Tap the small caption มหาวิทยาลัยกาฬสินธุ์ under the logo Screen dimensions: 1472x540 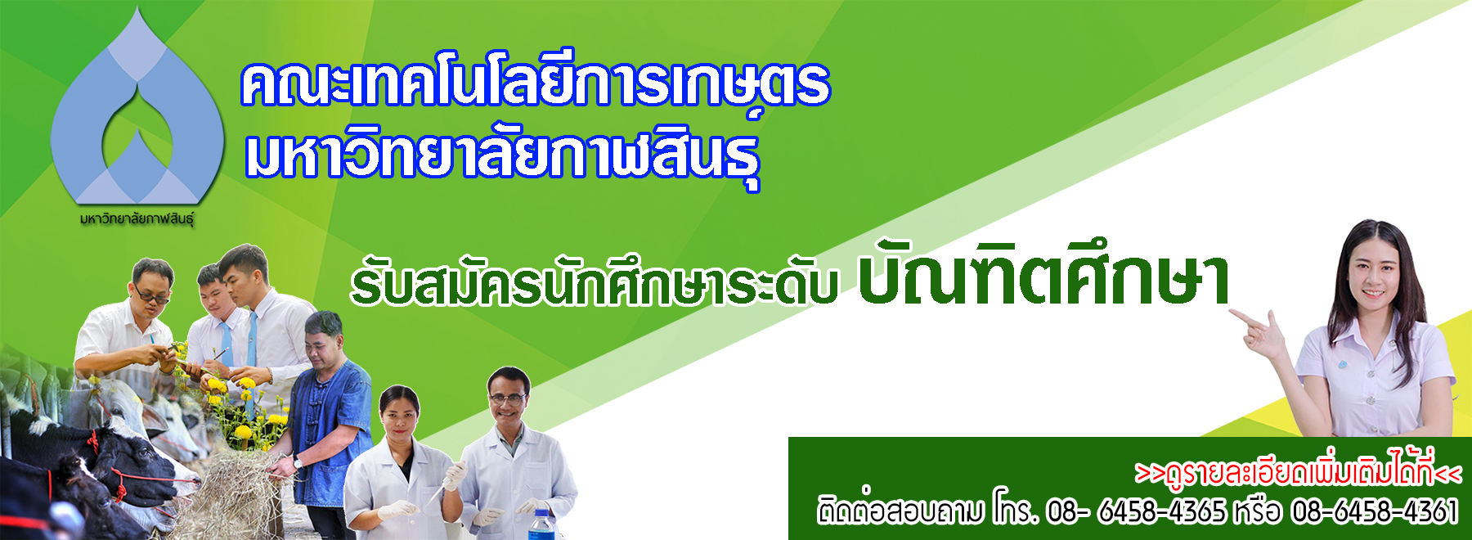[x=137, y=219]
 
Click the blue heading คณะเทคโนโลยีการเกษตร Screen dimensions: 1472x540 [x=536, y=83]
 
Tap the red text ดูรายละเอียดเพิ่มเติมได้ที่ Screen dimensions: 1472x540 [x=1297, y=472]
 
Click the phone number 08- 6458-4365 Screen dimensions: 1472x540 [x=1136, y=511]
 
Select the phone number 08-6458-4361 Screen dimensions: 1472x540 [x=1375, y=511]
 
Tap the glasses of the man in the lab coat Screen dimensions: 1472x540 [x=507, y=398]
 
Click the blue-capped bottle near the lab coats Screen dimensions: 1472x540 [x=541, y=524]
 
